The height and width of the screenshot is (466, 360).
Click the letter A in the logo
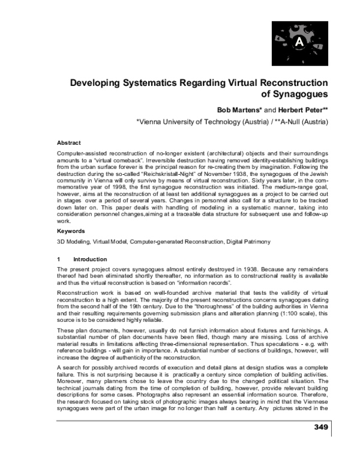click(x=299, y=41)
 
